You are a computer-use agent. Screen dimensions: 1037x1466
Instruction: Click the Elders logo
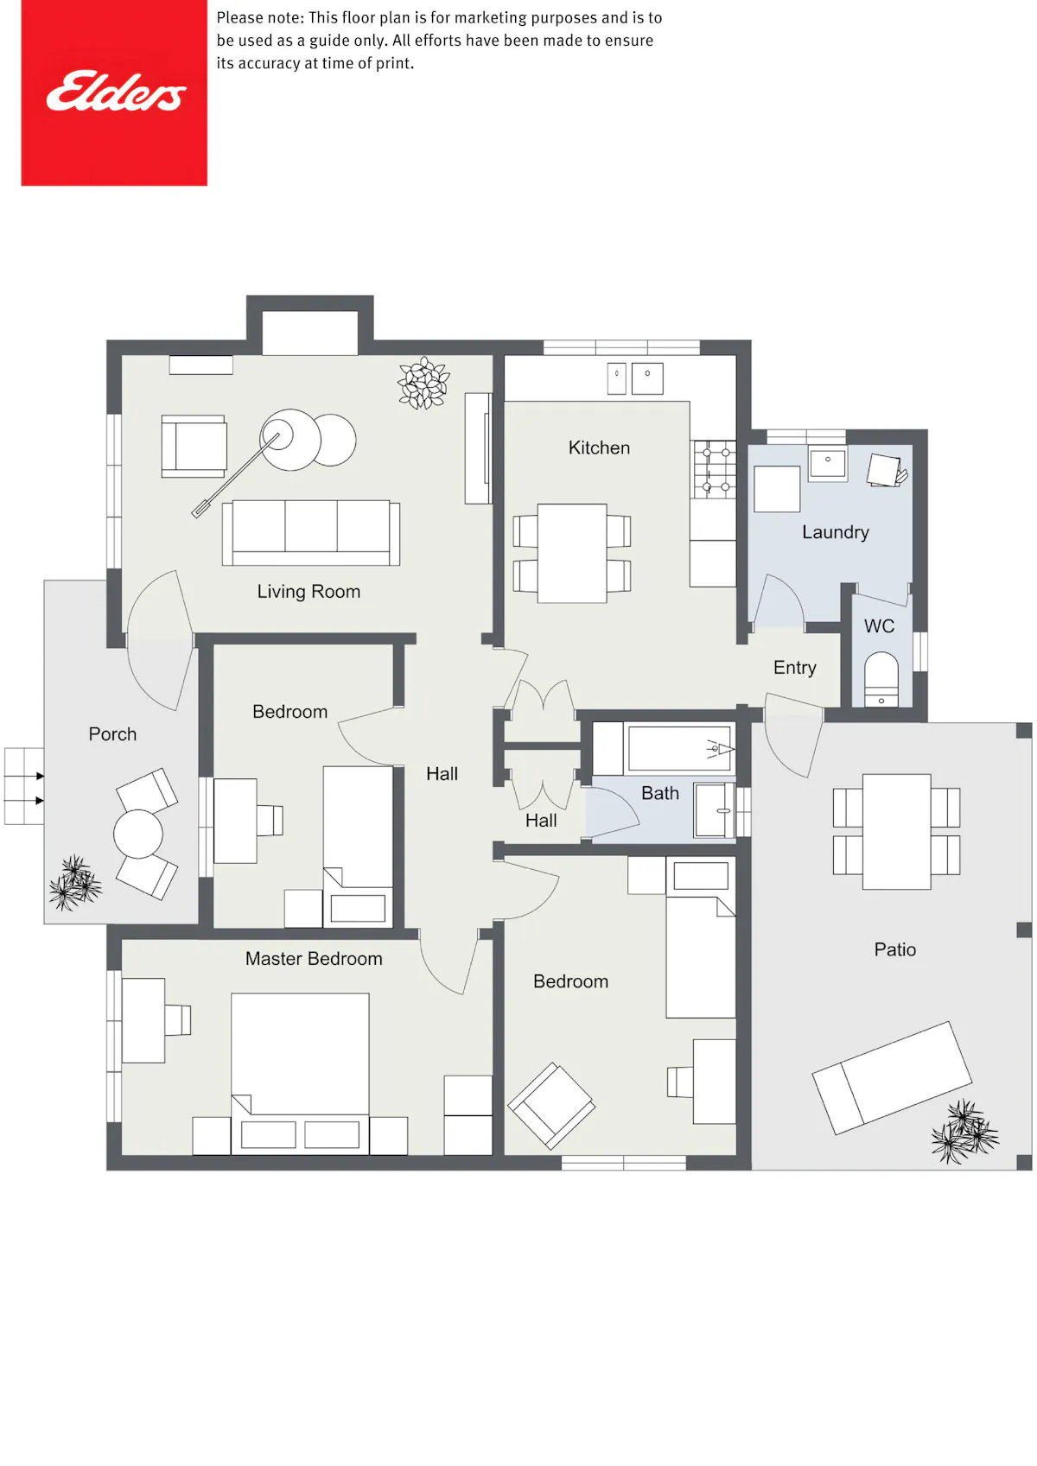tap(114, 93)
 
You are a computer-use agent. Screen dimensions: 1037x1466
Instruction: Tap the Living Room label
tap(309, 592)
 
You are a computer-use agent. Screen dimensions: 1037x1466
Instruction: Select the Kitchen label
tap(599, 447)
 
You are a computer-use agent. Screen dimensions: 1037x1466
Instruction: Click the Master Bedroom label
tap(314, 959)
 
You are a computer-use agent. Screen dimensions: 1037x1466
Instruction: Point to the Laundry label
tap(836, 532)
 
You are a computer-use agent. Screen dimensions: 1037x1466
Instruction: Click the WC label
tap(879, 626)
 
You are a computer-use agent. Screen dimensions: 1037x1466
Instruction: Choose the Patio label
tap(895, 949)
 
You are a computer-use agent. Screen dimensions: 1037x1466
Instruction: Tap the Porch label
tap(112, 734)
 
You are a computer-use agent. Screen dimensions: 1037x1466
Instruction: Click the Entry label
tap(795, 668)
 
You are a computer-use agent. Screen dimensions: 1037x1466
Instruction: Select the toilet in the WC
tap(881, 679)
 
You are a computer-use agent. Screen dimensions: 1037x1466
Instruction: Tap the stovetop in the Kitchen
tap(716, 469)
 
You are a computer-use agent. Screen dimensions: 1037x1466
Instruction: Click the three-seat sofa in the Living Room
tap(311, 533)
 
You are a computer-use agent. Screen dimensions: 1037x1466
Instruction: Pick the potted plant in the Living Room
tap(424, 383)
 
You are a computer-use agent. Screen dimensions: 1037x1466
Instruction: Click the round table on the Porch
tap(138, 834)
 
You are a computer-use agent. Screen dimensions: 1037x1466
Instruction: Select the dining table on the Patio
tap(896, 831)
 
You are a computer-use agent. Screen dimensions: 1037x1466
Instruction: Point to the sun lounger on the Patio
tap(892, 1077)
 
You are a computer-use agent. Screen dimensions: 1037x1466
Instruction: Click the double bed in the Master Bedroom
tap(300, 1073)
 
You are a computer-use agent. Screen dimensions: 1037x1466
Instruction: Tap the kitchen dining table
tap(571, 553)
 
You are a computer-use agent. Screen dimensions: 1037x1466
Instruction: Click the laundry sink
tap(828, 463)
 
